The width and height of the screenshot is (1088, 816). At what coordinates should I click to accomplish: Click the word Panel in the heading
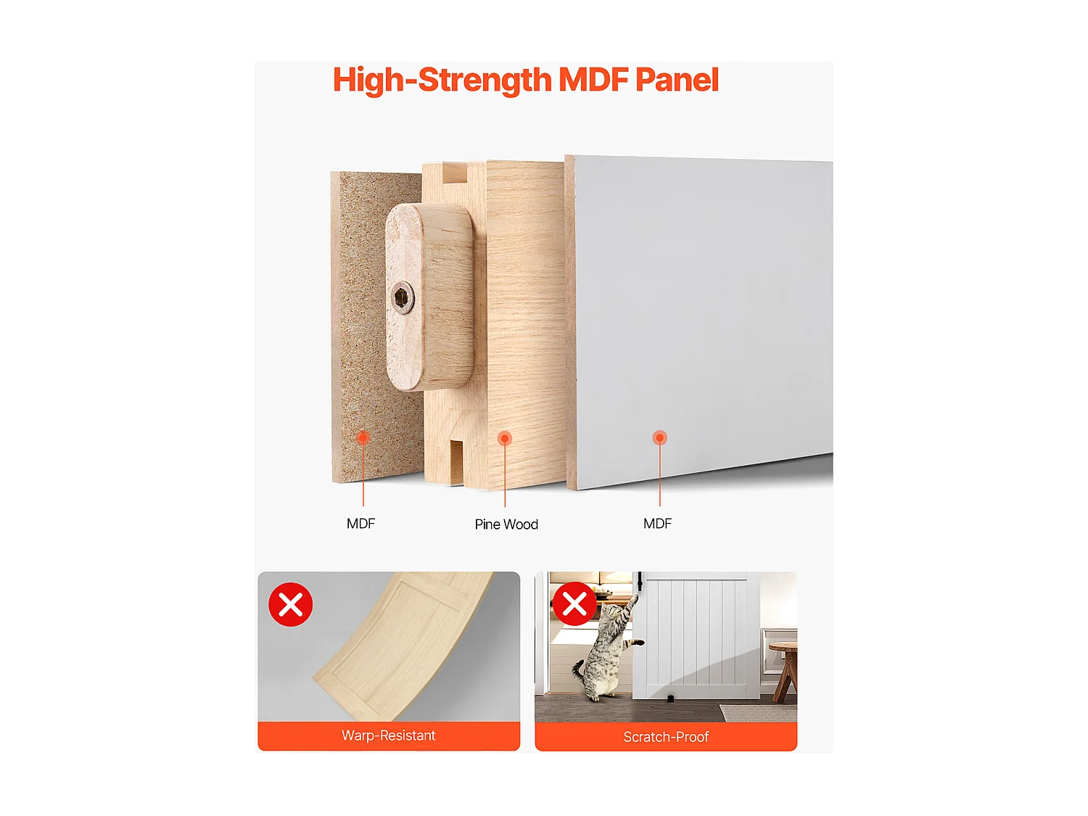tap(677, 80)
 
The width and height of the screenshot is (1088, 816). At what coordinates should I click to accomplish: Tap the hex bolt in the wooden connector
tap(402, 297)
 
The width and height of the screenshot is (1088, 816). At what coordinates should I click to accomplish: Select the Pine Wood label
tap(506, 524)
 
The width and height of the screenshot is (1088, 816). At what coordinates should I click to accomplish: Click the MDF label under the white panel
tap(657, 524)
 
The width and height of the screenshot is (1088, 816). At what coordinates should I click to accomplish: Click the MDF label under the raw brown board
tap(360, 524)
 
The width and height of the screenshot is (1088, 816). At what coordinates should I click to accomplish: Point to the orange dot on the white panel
tap(659, 437)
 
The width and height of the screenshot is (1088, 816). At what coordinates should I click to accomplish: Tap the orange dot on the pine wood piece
tap(505, 438)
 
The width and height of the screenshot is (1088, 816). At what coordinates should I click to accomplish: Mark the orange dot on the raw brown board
tap(363, 437)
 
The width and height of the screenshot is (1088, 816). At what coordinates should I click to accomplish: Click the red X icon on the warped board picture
tap(291, 604)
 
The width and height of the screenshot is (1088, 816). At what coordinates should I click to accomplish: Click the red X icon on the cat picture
tap(574, 603)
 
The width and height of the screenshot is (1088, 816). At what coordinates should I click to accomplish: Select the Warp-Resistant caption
tap(389, 735)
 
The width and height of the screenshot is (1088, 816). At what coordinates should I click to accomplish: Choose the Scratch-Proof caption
tap(666, 737)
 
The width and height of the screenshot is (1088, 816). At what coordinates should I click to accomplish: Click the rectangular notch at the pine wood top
tap(454, 173)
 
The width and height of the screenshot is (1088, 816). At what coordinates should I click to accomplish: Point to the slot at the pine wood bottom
tap(456, 461)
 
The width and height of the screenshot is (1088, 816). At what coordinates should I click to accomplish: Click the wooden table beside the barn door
tap(784, 667)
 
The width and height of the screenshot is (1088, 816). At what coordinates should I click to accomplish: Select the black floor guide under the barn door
tap(671, 699)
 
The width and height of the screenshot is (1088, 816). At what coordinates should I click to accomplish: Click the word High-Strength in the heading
tap(442, 80)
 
